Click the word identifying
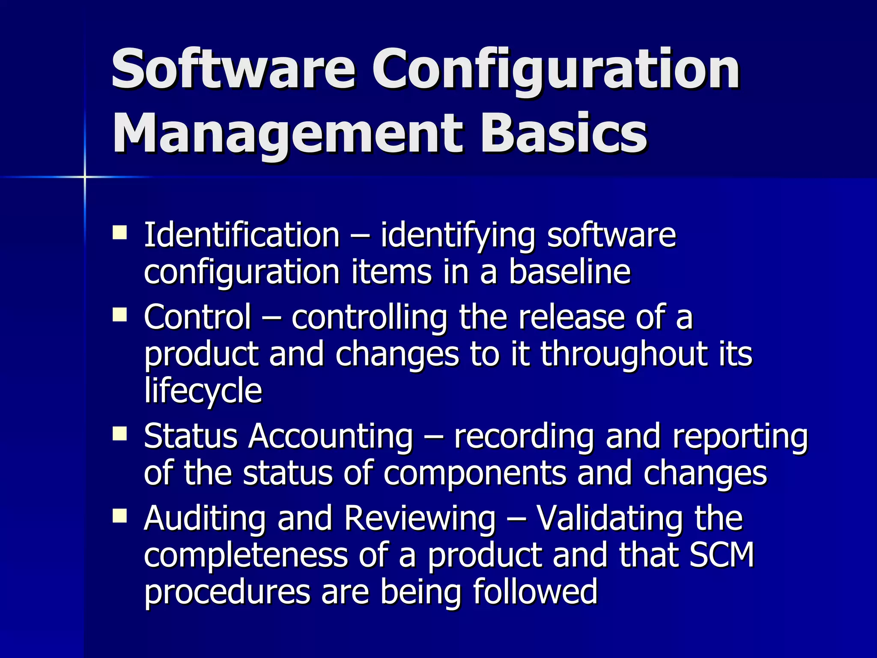458,236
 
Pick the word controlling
370,317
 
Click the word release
571,317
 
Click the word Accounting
331,437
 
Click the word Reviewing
420,518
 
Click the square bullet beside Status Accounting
119,434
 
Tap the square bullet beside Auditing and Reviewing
119,516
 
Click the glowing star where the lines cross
85,176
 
